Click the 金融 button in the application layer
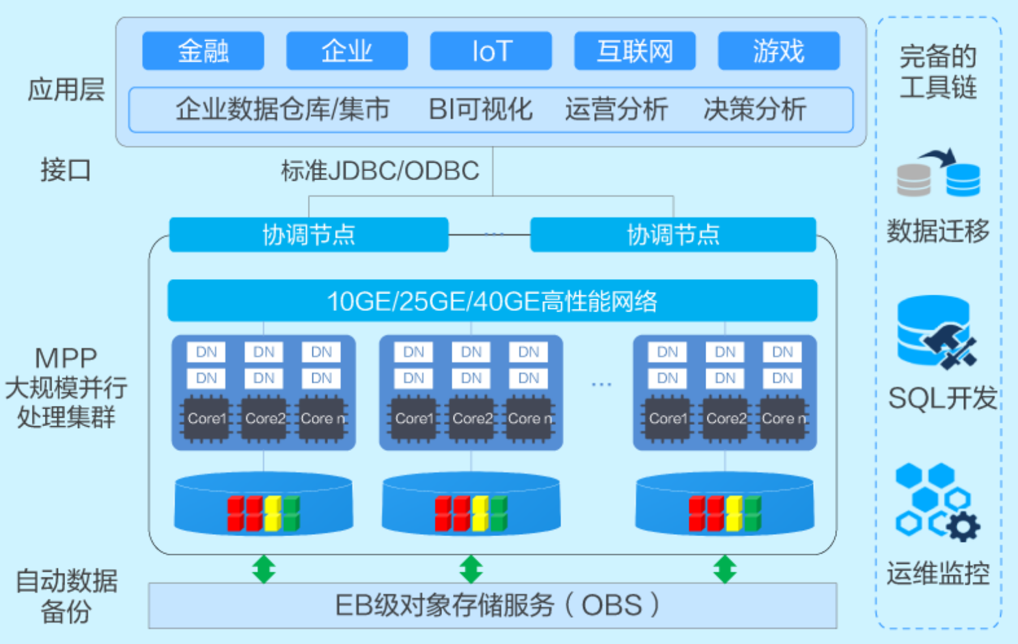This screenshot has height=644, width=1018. (203, 51)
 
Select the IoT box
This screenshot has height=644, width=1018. (491, 51)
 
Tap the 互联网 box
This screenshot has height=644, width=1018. (635, 51)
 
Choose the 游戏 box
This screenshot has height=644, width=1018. (778, 51)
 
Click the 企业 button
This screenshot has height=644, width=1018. (347, 51)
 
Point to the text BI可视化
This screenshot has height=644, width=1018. (480, 109)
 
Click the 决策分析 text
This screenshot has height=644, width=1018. (754, 109)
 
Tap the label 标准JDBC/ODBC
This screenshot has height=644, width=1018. (380, 171)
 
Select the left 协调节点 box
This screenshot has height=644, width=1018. (309, 235)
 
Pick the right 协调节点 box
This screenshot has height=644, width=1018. (673, 235)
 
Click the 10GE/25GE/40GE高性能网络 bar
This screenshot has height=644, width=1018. (492, 301)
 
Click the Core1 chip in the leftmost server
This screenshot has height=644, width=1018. (206, 418)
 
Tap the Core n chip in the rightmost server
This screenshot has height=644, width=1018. (783, 418)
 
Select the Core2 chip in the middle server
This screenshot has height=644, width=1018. (472, 418)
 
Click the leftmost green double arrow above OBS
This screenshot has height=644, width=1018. (264, 569)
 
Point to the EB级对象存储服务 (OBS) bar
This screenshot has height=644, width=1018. (492, 606)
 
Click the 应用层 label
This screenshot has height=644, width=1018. (66, 90)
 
